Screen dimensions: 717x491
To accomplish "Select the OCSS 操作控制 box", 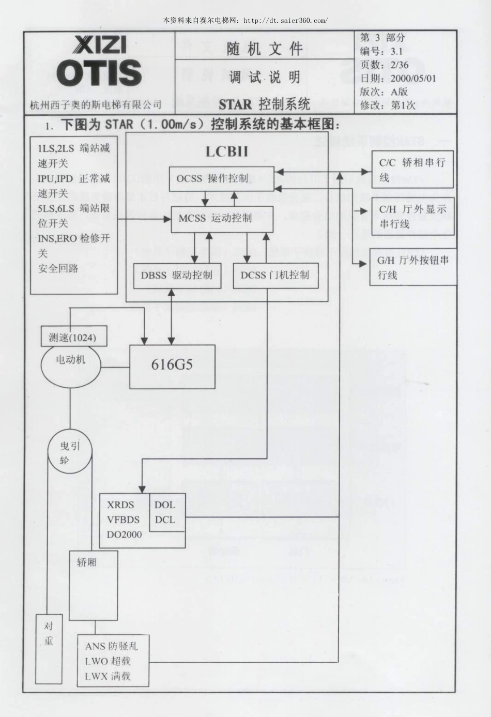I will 221,179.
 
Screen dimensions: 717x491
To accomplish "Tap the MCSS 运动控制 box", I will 222,218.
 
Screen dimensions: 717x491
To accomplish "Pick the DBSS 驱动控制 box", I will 177,275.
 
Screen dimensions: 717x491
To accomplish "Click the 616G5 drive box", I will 172,364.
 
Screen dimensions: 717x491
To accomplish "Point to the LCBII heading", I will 227,151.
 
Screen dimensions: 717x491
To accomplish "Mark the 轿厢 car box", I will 93,585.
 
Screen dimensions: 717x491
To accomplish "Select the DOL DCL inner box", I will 167,512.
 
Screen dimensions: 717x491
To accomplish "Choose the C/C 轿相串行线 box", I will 412,169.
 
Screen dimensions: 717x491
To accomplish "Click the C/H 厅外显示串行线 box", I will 412,216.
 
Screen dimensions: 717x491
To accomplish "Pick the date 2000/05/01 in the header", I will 413,78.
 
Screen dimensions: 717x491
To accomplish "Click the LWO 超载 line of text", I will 108,661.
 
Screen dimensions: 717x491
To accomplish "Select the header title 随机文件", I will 265,49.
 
